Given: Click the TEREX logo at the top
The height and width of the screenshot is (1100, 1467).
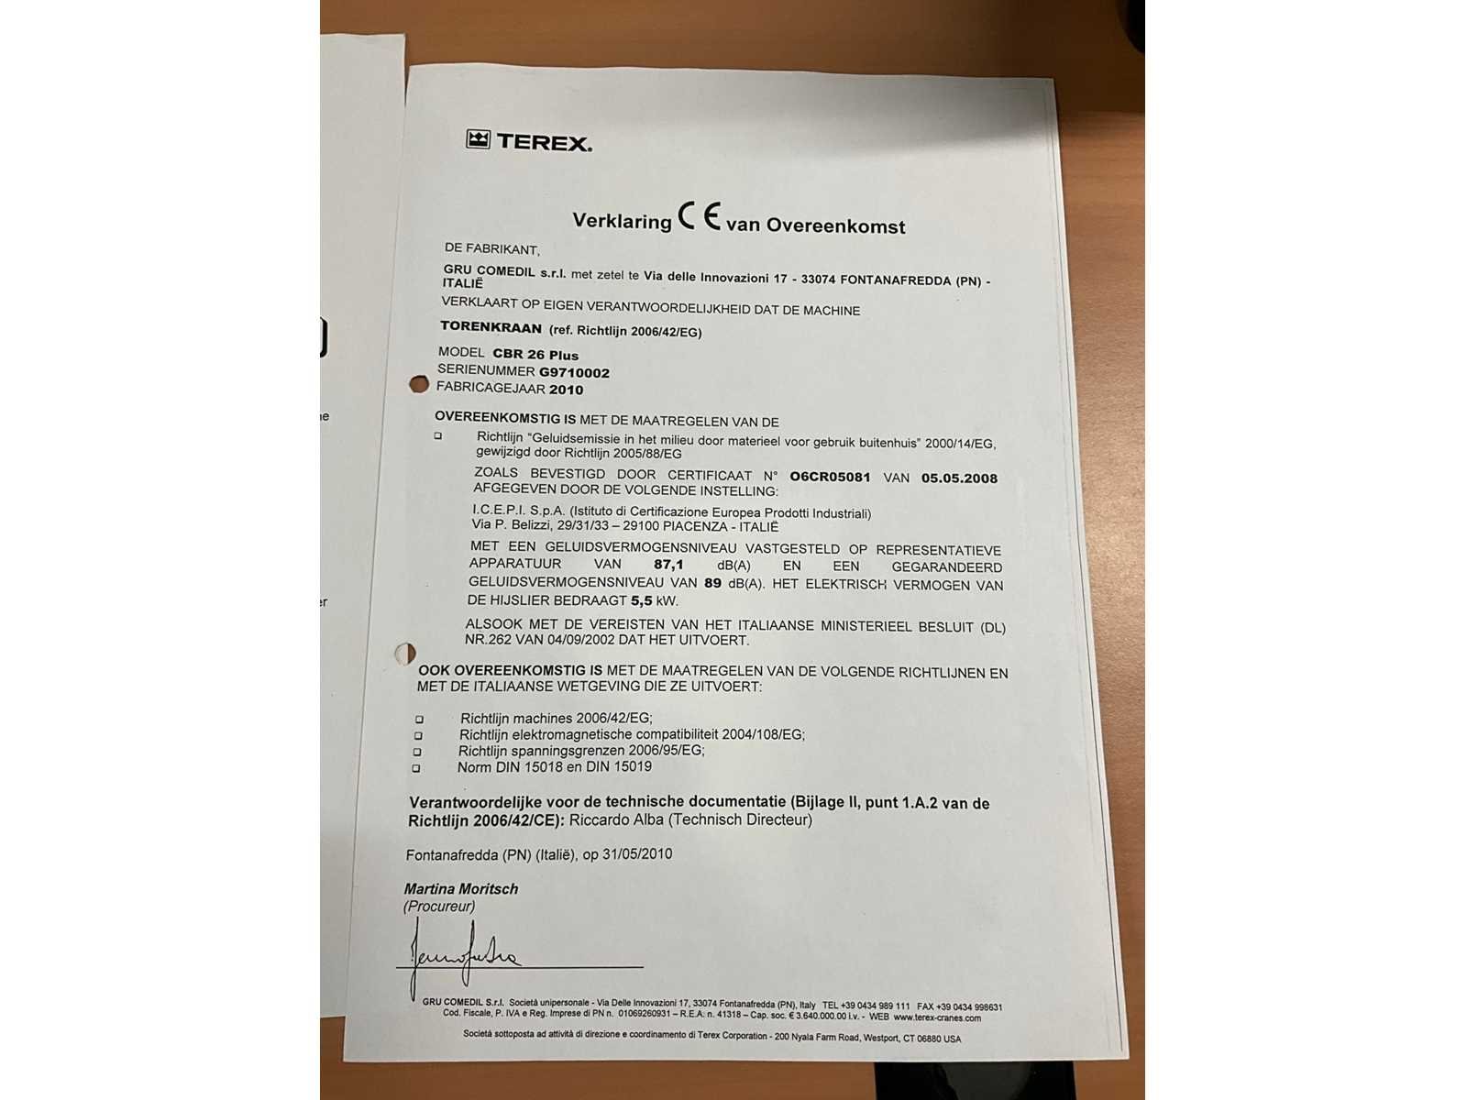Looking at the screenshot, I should [x=529, y=141].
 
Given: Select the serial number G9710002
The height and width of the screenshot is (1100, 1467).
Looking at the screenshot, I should [x=574, y=372].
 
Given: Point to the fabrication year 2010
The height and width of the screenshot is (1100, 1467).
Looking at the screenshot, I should [x=566, y=390].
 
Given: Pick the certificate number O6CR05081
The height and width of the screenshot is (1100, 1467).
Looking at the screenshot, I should [x=830, y=477].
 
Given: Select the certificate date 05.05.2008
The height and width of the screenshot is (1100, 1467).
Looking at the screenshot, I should [x=959, y=478].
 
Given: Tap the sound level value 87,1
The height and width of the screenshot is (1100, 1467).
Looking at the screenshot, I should [x=668, y=565].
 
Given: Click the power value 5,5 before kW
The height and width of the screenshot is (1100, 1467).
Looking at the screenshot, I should [x=641, y=601].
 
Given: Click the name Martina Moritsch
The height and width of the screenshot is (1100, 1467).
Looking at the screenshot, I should [x=461, y=889].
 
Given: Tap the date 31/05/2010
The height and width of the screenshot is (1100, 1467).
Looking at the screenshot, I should [x=637, y=854].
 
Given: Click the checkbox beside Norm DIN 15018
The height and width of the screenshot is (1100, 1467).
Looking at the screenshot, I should [x=416, y=768].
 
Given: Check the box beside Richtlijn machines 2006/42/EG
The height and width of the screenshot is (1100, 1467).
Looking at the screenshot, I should [x=419, y=720].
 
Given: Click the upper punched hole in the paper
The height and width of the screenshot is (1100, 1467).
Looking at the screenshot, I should [x=419, y=384].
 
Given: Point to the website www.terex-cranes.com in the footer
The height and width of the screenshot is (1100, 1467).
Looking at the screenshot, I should [x=937, y=1017].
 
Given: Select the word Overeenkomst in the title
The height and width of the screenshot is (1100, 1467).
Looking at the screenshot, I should [x=835, y=225].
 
